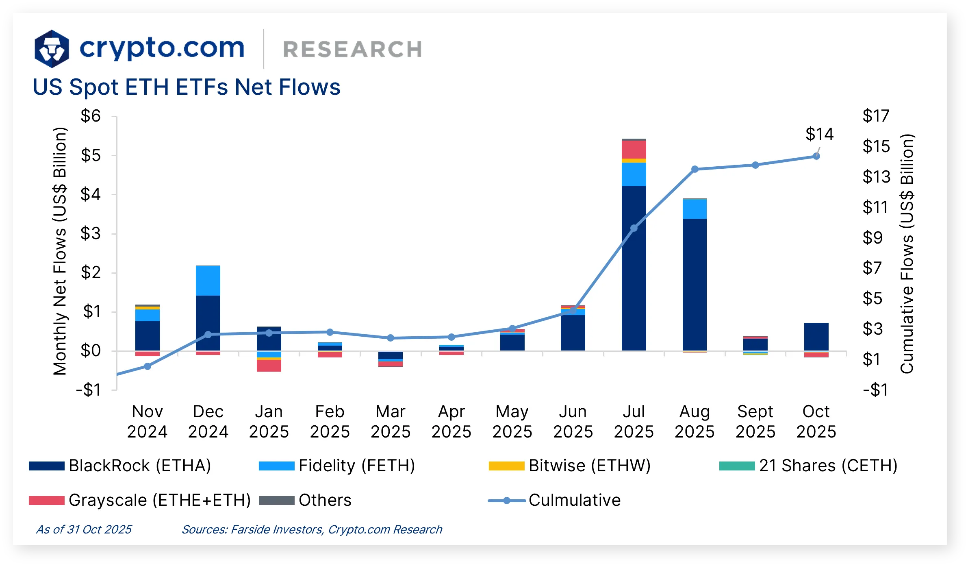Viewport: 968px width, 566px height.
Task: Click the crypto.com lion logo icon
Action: click(52, 49)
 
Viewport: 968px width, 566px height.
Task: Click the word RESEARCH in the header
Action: click(352, 50)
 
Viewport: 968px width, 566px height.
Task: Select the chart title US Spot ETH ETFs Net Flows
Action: click(187, 87)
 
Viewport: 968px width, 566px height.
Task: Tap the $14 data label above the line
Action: click(819, 134)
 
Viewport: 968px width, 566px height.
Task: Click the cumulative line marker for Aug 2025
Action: click(695, 169)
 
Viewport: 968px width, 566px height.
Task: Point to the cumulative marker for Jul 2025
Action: click(634, 228)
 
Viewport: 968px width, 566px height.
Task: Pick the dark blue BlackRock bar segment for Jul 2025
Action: click(634, 268)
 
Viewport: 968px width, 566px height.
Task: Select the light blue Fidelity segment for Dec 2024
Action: click(208, 281)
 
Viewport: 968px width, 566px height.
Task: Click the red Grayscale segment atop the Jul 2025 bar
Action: click(634, 150)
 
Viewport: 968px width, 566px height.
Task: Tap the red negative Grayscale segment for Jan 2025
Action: click(269, 366)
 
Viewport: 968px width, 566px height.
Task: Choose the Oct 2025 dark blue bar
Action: click(816, 337)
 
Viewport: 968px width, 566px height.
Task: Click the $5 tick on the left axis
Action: click(91, 155)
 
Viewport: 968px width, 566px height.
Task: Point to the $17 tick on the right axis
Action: click(876, 116)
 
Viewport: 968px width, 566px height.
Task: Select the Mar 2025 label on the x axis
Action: click(391, 421)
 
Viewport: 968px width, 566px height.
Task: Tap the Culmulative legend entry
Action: click(574, 500)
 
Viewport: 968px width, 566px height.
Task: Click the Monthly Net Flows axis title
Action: click(60, 251)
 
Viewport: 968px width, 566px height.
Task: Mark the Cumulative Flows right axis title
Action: click(907, 253)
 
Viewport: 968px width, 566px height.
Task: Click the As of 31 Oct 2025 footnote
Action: click(84, 529)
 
